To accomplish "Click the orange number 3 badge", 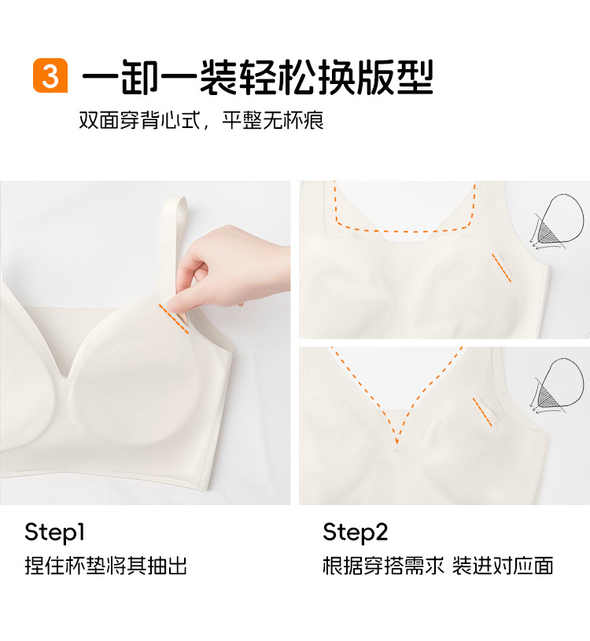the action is pyautogui.click(x=50, y=75).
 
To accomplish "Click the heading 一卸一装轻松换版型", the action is pyautogui.click(x=257, y=77).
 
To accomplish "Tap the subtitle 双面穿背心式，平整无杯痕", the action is pyautogui.click(x=201, y=120).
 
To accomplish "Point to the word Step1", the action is pyautogui.click(x=55, y=533).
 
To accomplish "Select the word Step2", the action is pyautogui.click(x=355, y=533).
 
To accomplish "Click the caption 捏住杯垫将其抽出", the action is pyautogui.click(x=105, y=566).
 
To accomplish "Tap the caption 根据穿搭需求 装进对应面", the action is pyautogui.click(x=437, y=566).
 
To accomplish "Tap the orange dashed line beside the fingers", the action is pyautogui.click(x=174, y=319).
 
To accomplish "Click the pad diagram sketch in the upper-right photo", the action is pyautogui.click(x=557, y=222).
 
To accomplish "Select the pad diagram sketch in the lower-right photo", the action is pyautogui.click(x=557, y=386).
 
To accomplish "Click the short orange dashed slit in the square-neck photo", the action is pyautogui.click(x=502, y=268).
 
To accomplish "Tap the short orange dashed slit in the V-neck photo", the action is pyautogui.click(x=483, y=412).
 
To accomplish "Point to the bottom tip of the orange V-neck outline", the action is pyautogui.click(x=396, y=443).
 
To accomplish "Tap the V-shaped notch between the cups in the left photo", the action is pyautogui.click(x=65, y=375).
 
